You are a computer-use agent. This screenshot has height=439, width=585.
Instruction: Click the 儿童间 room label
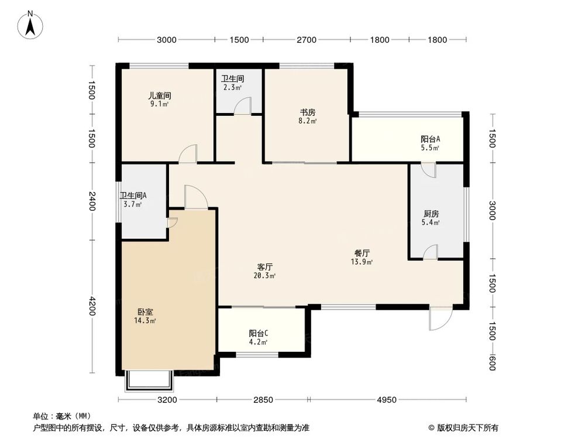coord(159,95)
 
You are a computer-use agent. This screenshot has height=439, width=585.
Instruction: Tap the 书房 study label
coord(308,112)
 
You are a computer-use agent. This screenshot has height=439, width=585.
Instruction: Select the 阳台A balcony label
coord(430,139)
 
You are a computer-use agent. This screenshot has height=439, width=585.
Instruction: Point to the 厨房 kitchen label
coord(431,214)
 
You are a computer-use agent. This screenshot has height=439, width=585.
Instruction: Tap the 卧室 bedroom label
coord(146,312)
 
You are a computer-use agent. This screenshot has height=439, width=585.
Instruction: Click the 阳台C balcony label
coord(258,334)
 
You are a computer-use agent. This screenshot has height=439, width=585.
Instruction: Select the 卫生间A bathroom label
coord(133,196)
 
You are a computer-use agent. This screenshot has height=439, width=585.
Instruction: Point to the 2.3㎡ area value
coord(232,88)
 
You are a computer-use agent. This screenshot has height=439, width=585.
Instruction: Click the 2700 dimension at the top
coord(307,40)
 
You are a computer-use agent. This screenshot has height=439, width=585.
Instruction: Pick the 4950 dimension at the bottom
coord(386,400)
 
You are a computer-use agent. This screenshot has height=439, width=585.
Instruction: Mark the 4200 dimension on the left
coord(91,306)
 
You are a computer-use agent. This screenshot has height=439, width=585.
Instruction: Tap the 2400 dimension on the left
coord(91,202)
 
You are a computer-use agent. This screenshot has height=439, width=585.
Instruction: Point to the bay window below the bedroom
coord(149,382)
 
